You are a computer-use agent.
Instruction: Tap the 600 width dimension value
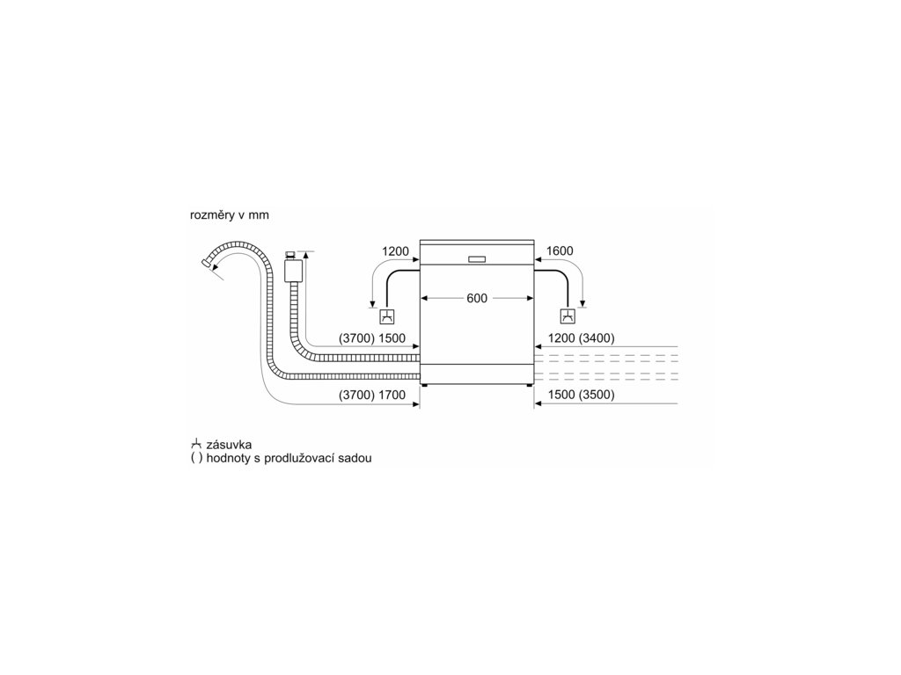(x=476, y=299)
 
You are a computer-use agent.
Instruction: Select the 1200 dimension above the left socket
(x=395, y=251)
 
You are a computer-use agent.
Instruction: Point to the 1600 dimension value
(x=560, y=251)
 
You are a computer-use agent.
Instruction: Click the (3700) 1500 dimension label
(x=372, y=338)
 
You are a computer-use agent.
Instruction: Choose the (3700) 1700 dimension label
(x=372, y=396)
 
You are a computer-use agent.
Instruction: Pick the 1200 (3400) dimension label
(x=580, y=338)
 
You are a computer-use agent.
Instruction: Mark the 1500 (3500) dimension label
(x=580, y=396)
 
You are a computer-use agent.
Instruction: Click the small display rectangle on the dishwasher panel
(x=477, y=259)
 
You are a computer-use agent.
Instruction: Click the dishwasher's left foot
(x=427, y=385)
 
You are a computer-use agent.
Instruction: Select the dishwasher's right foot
(x=528, y=385)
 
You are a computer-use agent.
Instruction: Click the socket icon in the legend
(x=196, y=445)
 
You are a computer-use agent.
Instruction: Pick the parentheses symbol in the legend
(x=196, y=460)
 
